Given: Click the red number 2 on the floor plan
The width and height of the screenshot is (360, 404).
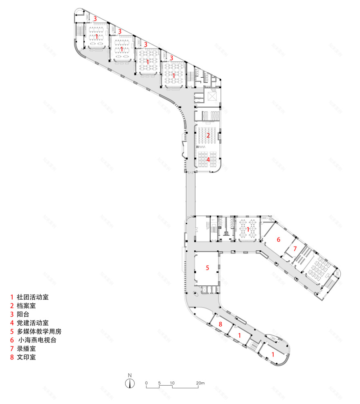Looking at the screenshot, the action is click(x=208, y=135).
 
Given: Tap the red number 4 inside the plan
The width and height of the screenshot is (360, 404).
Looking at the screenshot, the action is click(x=208, y=160).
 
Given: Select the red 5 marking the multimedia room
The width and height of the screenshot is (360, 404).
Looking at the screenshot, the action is click(x=207, y=268).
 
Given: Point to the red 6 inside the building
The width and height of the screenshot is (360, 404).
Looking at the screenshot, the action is click(x=278, y=240).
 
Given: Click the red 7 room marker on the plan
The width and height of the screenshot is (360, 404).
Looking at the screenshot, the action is click(x=294, y=249).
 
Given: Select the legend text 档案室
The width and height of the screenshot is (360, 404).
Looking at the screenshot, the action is click(x=26, y=305).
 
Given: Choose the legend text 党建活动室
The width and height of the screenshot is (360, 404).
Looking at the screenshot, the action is click(x=33, y=323).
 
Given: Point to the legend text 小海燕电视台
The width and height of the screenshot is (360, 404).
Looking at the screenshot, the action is click(x=38, y=340).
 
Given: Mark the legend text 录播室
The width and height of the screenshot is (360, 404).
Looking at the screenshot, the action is click(x=26, y=348).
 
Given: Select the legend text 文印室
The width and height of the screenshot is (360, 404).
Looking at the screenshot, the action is click(x=26, y=357).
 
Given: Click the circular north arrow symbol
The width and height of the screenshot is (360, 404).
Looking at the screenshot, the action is click(x=130, y=383).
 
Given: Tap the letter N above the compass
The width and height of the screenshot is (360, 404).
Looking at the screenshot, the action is click(x=130, y=375).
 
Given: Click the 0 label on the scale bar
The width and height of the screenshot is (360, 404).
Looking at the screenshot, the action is click(x=146, y=383).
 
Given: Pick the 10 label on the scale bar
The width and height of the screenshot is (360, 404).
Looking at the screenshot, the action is click(x=172, y=383).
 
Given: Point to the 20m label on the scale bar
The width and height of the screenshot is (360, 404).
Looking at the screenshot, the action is click(x=200, y=383).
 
